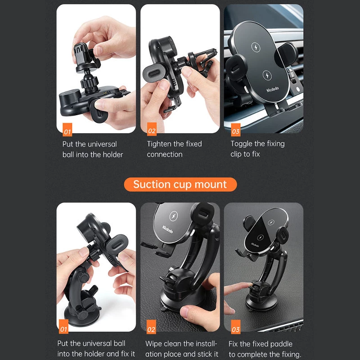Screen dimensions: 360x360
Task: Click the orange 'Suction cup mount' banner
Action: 180,184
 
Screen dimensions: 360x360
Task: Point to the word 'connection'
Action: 165,154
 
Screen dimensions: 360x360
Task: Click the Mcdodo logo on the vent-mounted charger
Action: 273,89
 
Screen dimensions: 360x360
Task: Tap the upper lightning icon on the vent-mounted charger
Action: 256,47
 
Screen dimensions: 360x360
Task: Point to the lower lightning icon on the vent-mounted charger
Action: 267,75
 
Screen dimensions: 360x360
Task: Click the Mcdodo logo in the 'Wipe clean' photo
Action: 167,229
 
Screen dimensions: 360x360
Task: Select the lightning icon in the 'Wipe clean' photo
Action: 174,216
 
